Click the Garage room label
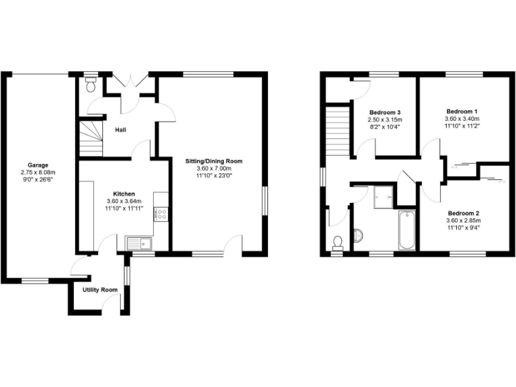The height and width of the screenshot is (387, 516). tap(38, 165)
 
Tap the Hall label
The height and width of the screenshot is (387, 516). tap(121, 130)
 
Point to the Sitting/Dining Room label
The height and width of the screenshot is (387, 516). tap(214, 161)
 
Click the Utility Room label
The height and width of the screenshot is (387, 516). tap(100, 290)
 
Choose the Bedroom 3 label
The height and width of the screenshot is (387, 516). tap(386, 112)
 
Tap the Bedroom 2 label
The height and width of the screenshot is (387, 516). tap(463, 213)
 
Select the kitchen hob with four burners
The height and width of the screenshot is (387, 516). tap(161, 215)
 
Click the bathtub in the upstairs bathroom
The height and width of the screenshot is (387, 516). tap(406, 229)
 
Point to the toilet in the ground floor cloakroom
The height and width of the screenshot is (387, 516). tap(92, 85)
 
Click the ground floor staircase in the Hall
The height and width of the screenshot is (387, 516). tap(90, 136)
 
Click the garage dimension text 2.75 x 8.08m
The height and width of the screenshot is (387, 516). tap(38, 172)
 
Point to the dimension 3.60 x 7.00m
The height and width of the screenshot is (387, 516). tap(214, 169)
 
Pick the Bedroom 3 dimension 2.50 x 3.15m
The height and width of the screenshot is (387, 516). tap(386, 120)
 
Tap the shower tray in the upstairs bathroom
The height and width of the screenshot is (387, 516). tap(382, 196)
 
